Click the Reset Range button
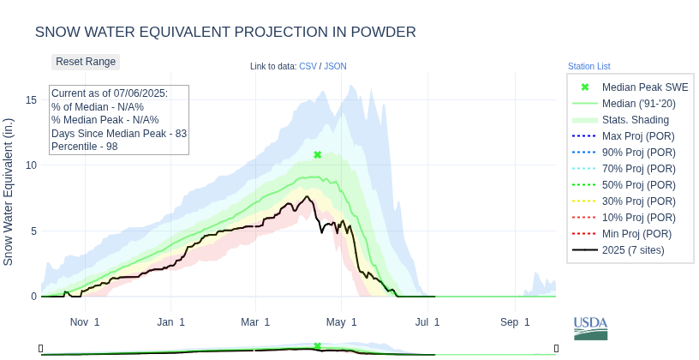coord(86,62)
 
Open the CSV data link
coord(308,66)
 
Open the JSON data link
coord(335,66)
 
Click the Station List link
coord(588,66)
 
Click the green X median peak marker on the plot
coord(317,155)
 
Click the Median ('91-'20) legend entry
coord(638,104)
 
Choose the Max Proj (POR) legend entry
coord(637,136)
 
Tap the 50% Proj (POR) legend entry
coord(637,185)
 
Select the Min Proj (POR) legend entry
coord(636,234)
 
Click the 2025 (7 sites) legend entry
coord(633,250)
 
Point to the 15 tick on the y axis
coord(32,100)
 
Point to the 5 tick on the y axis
coord(33,231)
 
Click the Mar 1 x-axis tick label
coord(255,322)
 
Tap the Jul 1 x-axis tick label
coord(427,322)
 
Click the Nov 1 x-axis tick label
coord(85,322)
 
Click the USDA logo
coord(590,327)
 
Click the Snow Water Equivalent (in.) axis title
coord(9,191)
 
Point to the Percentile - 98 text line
coord(84,147)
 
